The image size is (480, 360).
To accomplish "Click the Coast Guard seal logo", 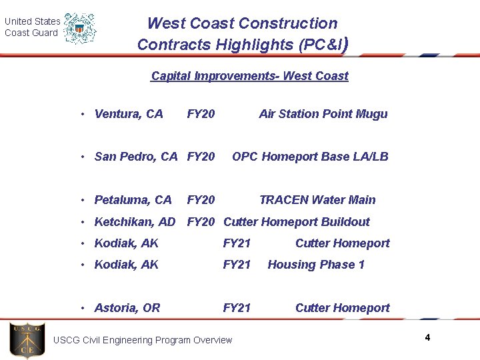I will click(x=80, y=29).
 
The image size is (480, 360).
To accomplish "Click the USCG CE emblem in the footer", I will click(x=27, y=340).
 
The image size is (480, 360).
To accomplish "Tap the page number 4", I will click(x=427, y=338).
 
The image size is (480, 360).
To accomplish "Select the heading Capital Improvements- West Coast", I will click(x=249, y=76).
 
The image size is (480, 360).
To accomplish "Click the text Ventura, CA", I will click(x=129, y=114).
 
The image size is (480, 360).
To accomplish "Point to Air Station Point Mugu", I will click(x=323, y=114).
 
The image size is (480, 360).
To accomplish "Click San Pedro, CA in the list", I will click(x=136, y=157).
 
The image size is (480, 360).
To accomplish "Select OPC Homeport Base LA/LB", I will click(x=310, y=157).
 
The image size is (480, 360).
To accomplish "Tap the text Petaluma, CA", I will click(x=133, y=200).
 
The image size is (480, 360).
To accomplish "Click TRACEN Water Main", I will click(x=317, y=200).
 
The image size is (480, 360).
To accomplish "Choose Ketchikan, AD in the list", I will click(x=135, y=222).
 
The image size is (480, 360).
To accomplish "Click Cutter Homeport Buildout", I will click(x=296, y=222).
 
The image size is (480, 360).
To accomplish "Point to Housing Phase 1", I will click(x=316, y=265).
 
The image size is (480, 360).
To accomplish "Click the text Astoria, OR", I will click(x=127, y=308).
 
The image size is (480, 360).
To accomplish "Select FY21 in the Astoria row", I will click(x=237, y=308).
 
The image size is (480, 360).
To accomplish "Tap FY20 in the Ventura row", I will click(x=201, y=114).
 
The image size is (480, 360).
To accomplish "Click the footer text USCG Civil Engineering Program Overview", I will click(x=143, y=341).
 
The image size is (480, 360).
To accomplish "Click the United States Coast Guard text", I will click(x=32, y=27).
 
